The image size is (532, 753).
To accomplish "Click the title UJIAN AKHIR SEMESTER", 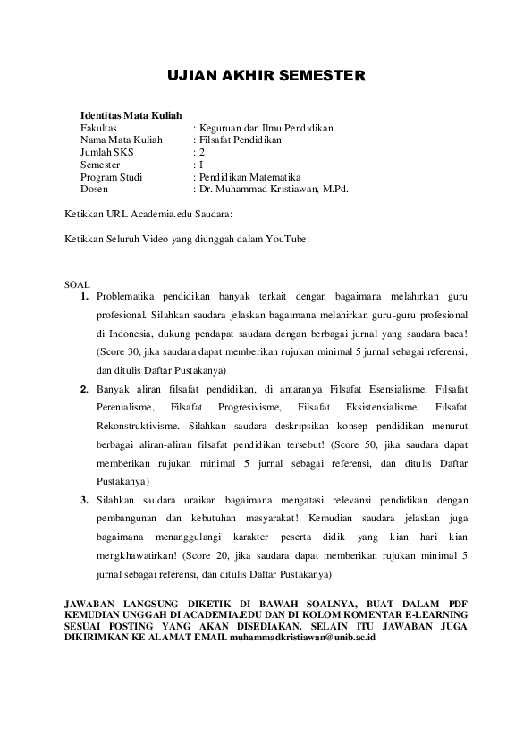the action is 266,78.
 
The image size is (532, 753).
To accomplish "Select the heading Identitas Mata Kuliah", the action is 131,115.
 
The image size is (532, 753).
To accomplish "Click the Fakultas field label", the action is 99,128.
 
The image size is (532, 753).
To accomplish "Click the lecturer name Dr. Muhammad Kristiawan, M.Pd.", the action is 274,190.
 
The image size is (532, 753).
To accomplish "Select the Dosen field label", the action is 94,190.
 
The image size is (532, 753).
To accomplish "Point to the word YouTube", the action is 286,239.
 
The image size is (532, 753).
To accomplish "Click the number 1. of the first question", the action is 83,296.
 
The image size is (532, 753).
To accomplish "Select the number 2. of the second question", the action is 83,389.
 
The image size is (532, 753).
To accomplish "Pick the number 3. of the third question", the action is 83,499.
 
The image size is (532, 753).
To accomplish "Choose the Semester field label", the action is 99,165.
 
